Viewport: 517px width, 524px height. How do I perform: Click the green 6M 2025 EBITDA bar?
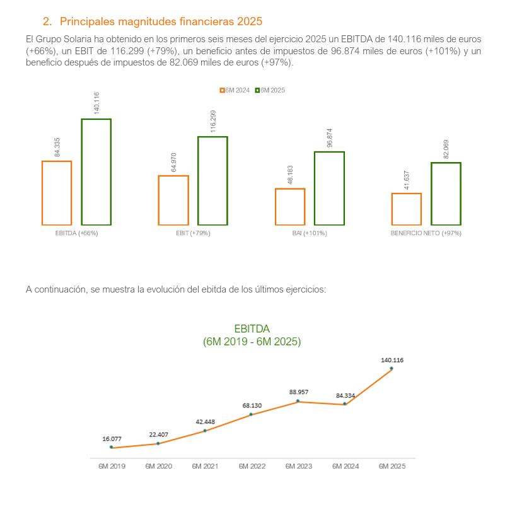click(82, 172)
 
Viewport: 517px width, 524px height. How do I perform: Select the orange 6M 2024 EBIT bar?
click(159, 200)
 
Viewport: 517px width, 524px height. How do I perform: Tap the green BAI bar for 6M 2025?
click(315, 189)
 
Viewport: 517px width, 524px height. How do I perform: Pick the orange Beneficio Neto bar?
click(392, 209)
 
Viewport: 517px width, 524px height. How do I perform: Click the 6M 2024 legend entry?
click(235, 90)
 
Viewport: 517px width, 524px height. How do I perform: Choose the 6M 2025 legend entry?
click(270, 90)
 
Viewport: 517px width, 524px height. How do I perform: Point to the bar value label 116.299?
click(213, 121)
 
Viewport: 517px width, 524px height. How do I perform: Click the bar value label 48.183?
click(290, 175)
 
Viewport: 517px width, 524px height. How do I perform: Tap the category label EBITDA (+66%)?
click(76, 233)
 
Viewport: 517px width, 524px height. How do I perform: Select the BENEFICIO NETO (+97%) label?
click(426, 233)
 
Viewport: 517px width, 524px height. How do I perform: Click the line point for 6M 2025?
click(392, 368)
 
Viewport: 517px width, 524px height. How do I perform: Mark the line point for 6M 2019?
click(112, 447)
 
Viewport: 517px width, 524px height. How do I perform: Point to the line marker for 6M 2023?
click(298, 401)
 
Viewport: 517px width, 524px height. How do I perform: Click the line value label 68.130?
click(252, 405)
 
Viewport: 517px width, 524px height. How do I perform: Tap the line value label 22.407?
click(158, 434)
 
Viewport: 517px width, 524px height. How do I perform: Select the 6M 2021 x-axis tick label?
click(205, 466)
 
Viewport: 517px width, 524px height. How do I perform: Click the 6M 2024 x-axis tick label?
click(346, 466)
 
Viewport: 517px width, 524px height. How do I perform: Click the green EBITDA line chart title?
click(252, 335)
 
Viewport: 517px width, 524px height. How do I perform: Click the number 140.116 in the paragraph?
click(404, 39)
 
